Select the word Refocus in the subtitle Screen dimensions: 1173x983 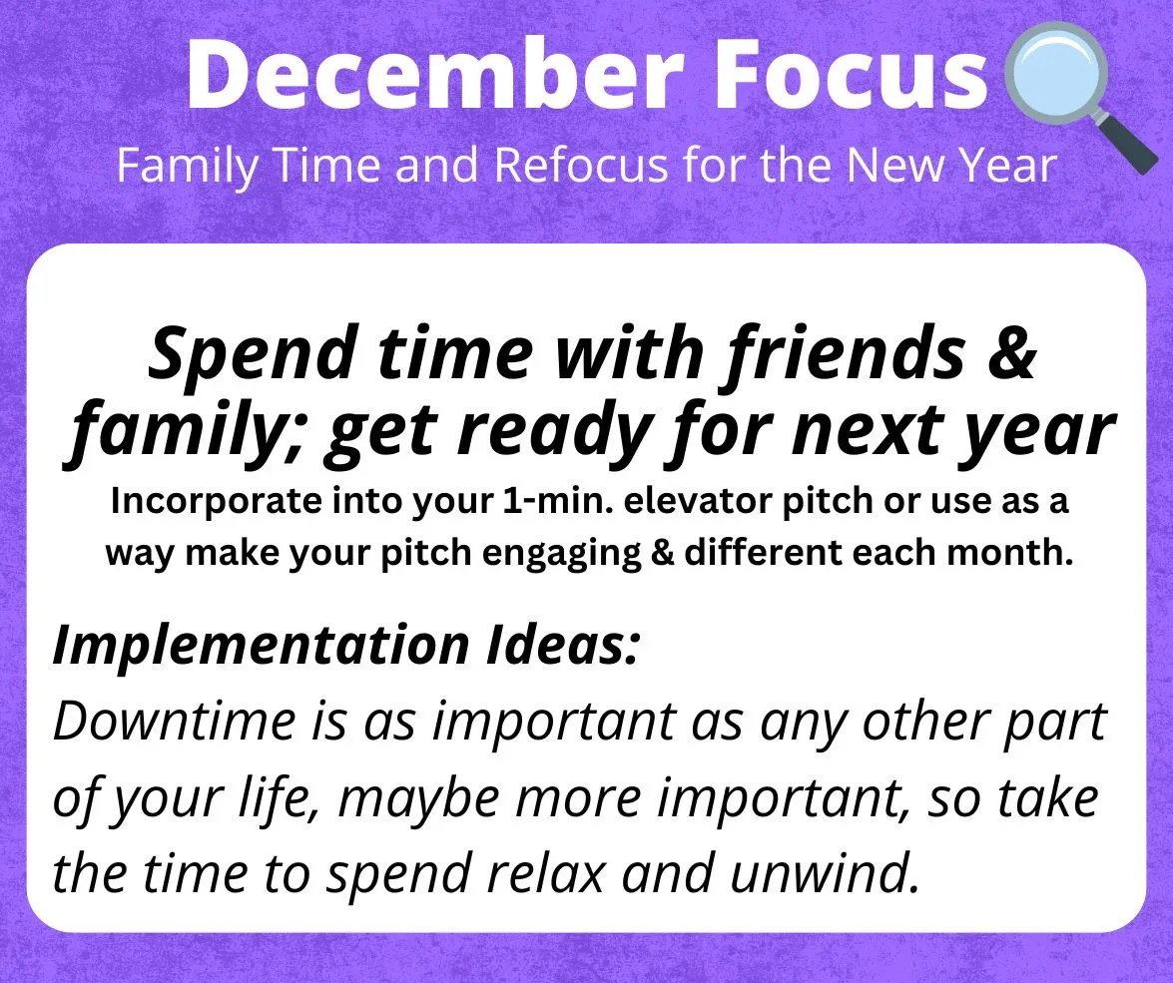[581, 166]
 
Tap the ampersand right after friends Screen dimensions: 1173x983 [1011, 351]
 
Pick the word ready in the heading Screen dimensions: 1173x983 [550, 432]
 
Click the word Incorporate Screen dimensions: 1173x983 [217, 501]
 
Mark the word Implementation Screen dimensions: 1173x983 [260, 645]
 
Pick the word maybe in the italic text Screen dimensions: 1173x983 [419, 799]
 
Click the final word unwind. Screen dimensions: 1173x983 [825, 873]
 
